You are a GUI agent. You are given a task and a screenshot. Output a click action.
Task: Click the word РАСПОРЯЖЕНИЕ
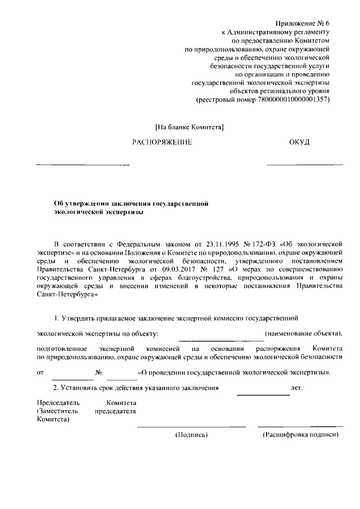tap(162, 142)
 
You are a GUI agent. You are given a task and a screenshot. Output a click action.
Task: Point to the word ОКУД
tap(299, 142)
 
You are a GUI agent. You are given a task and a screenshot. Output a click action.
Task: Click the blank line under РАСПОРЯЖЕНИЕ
tap(83, 165)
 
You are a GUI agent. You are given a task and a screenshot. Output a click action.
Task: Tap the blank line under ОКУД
tap(304, 165)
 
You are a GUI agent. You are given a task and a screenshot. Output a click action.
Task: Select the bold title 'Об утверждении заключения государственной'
tap(131, 204)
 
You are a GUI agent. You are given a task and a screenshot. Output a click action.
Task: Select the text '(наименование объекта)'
tap(304, 334)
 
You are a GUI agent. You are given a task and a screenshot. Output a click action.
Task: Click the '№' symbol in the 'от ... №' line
tap(98, 372)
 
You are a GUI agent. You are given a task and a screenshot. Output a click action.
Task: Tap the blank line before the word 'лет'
tap(263, 395)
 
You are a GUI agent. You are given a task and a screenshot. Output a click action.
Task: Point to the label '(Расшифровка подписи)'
tap(301, 435)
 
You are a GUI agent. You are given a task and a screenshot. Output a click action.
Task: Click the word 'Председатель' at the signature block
tap(58, 403)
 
